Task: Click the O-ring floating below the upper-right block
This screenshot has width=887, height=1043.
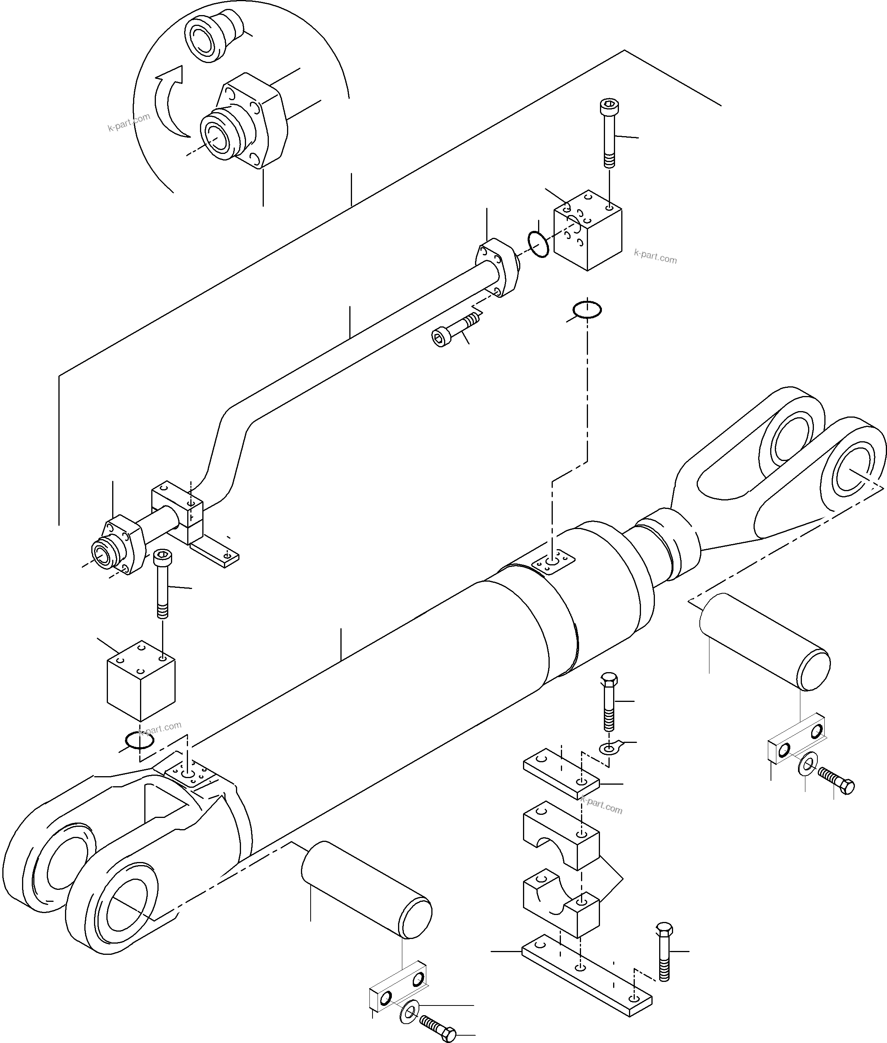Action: (587, 310)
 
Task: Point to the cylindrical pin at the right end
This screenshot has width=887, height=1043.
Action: (764, 641)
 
